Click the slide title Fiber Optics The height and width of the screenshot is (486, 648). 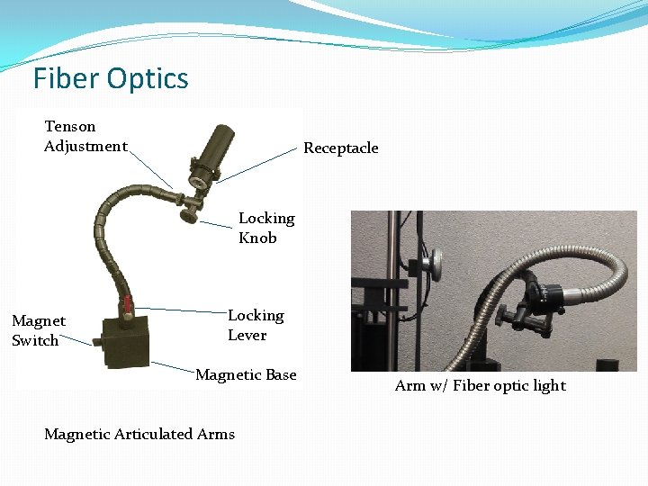[x=111, y=78]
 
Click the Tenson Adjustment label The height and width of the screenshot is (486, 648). [x=85, y=136]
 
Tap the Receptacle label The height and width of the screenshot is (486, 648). [x=340, y=148]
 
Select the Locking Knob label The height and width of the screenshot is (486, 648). [x=265, y=228]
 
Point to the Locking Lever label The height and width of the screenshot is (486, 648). [x=255, y=325]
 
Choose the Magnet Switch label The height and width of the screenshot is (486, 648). [x=38, y=330]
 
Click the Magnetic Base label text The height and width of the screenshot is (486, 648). [x=246, y=374]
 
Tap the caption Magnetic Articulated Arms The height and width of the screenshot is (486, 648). [x=139, y=434]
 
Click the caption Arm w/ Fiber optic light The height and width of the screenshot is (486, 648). [x=480, y=385]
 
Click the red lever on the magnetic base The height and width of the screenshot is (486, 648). [x=128, y=303]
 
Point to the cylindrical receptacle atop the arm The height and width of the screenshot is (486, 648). [x=213, y=144]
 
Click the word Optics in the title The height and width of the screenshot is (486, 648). [x=149, y=78]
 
